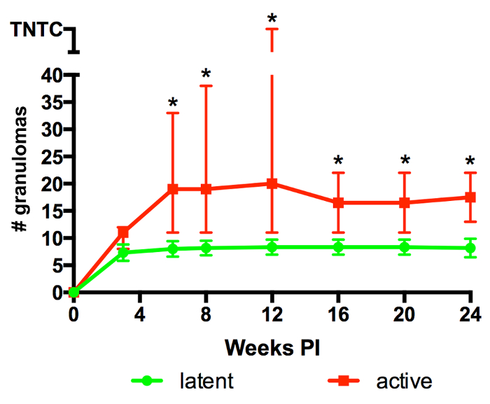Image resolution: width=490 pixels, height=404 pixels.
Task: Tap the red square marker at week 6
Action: click(x=173, y=189)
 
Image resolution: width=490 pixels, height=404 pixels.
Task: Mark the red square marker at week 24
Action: click(x=469, y=197)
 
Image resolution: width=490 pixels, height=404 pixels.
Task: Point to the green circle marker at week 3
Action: click(x=123, y=252)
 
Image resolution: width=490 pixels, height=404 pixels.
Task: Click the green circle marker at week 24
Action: click(x=469, y=248)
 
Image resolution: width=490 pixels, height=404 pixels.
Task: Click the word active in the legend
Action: click(x=404, y=381)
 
